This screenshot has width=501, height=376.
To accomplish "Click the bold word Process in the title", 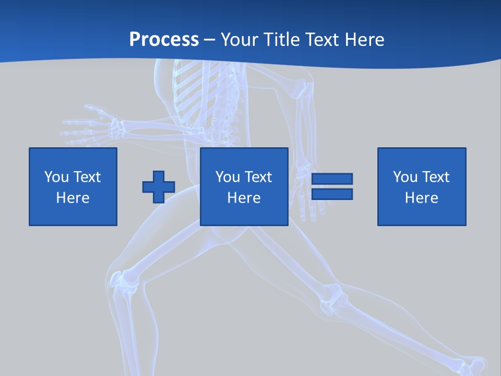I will [164, 39].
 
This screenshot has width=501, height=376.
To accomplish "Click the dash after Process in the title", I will [210, 40].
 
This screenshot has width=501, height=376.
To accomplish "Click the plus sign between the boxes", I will [159, 187].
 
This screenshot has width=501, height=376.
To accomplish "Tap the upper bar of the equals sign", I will [332, 179].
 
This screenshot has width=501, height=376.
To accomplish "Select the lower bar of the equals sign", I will [332, 194].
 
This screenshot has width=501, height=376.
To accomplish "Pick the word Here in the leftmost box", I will [73, 197].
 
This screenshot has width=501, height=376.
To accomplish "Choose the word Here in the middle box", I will [244, 197].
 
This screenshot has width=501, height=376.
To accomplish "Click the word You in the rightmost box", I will [405, 177].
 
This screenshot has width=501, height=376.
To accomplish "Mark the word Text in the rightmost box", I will [437, 177].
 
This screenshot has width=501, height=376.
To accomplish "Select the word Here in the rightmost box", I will [421, 197].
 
